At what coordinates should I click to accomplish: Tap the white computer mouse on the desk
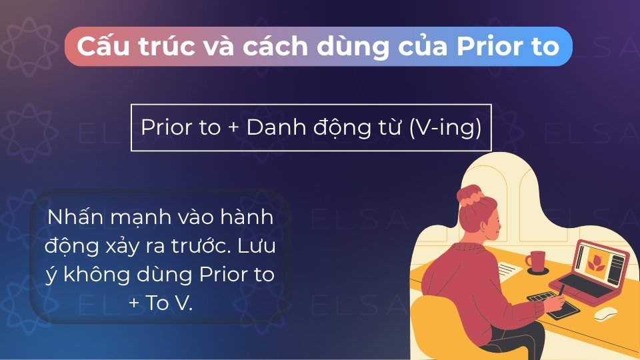point(605,312)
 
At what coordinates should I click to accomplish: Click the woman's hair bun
point(469,193)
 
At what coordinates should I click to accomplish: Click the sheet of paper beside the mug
point(510,270)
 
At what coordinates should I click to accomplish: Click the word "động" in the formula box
point(337,127)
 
